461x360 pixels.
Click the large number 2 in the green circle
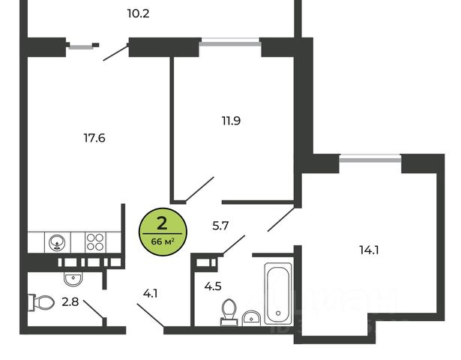click(161, 222)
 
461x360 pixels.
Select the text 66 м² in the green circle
click(162, 240)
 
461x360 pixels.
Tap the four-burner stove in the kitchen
click(95, 242)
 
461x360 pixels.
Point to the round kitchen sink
click(58, 242)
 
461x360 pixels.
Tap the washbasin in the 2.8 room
click(73, 278)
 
